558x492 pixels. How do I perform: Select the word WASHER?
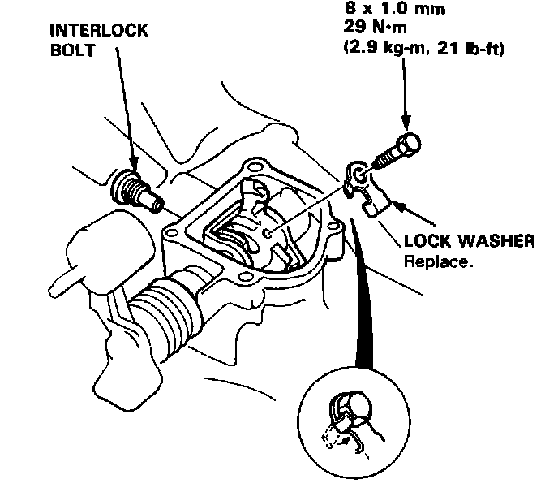click(x=496, y=241)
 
